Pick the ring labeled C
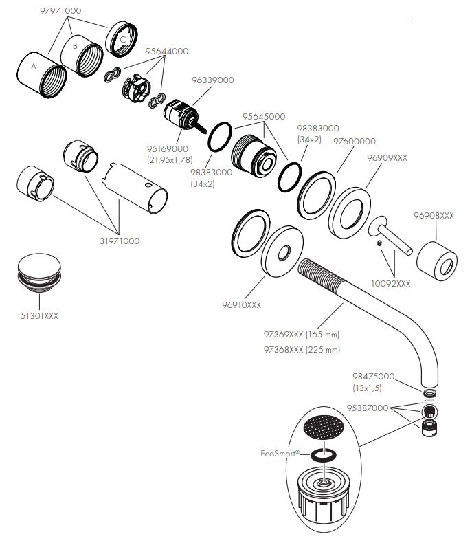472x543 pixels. pyautogui.click(x=124, y=36)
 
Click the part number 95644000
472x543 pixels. pyautogui.click(x=166, y=52)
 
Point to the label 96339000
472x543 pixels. pyautogui.click(x=213, y=80)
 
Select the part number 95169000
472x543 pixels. pyautogui.click(x=168, y=149)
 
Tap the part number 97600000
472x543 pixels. pyautogui.click(x=354, y=142)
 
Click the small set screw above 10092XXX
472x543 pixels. pyautogui.click(x=379, y=244)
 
